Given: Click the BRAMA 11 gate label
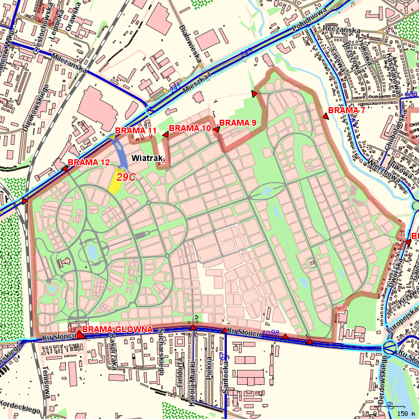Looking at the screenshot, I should pos(136,131).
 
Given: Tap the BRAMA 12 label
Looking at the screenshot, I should pos(89,162).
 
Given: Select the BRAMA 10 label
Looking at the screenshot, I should pos(190,128).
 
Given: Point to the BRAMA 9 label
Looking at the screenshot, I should pos(238,123).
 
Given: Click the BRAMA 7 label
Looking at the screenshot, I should pos(347,111).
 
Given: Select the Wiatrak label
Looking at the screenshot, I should pos(147,158).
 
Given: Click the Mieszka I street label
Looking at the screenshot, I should pos(198,81).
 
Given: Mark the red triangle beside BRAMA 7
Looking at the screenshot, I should pos(326,116).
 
